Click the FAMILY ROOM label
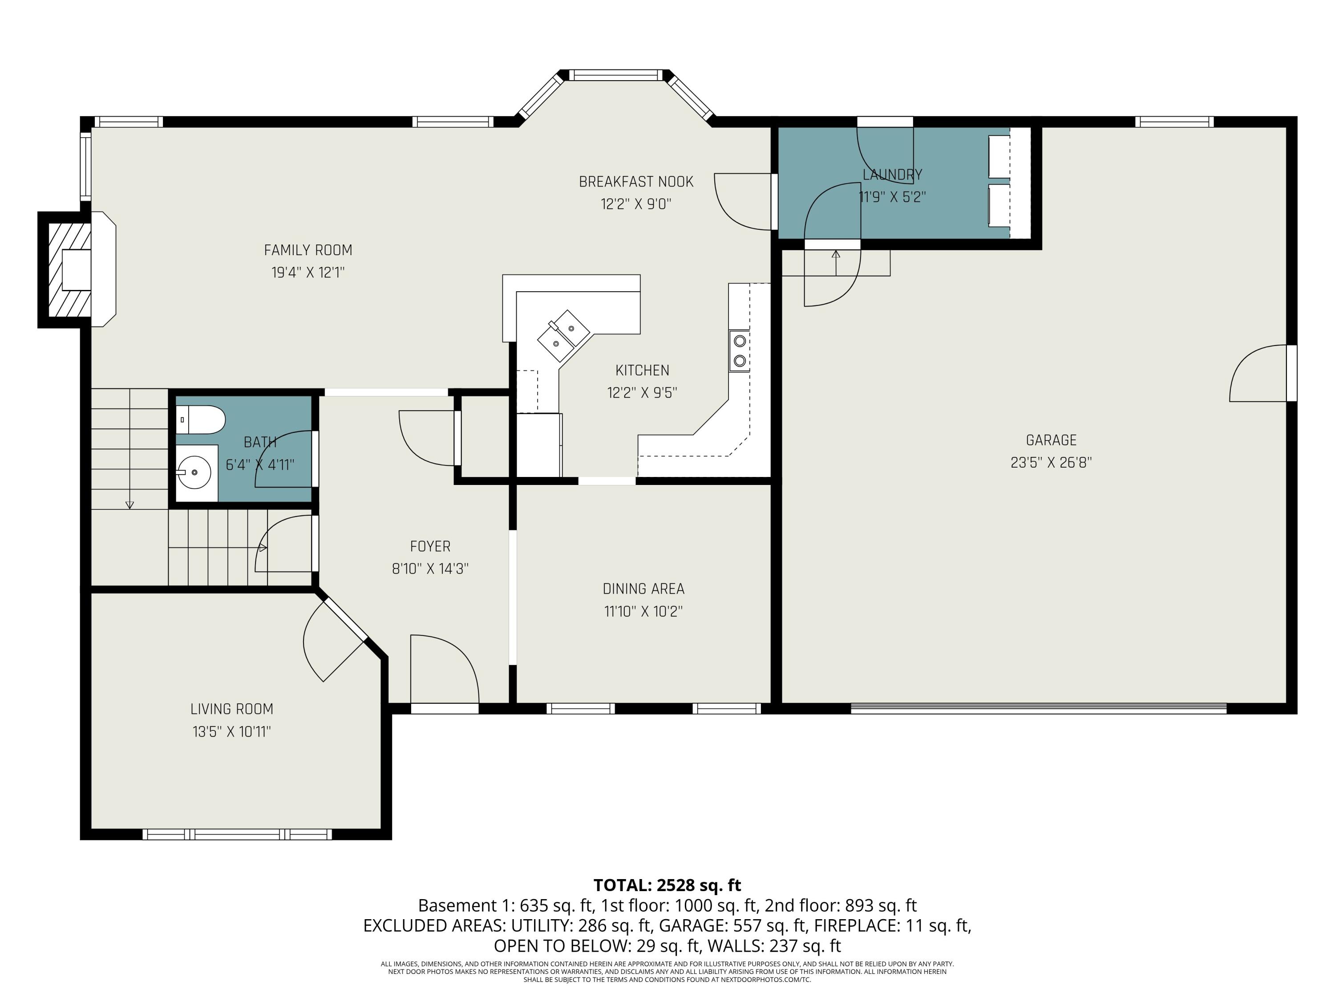pyautogui.click(x=308, y=250)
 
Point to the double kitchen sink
pyautogui.click(x=564, y=334)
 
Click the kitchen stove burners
pyautogui.click(x=739, y=350)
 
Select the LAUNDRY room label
pyautogui.click(x=893, y=175)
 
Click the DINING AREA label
pyautogui.click(x=643, y=589)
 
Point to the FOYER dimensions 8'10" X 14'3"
pyautogui.click(x=430, y=569)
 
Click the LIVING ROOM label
pyautogui.click(x=232, y=709)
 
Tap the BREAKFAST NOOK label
pyautogui.click(x=636, y=182)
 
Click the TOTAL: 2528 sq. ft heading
pyautogui.click(x=667, y=885)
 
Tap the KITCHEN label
pyautogui.click(x=642, y=370)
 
